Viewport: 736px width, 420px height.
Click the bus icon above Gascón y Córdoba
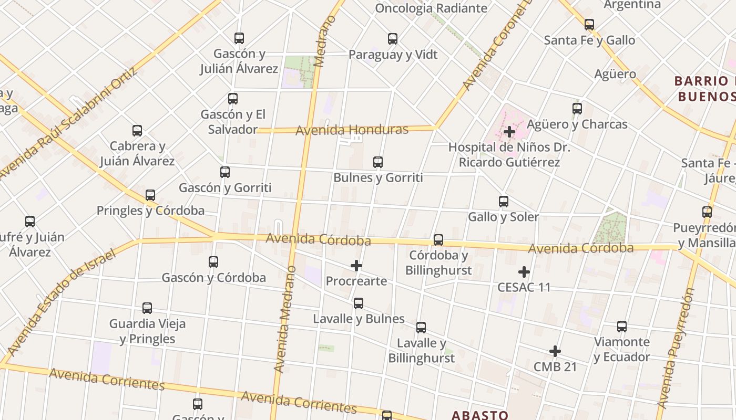tap(213, 261)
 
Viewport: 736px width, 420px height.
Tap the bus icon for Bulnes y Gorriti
tap(378, 162)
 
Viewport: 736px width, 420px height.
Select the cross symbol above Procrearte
tap(356, 266)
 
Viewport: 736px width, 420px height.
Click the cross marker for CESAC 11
tap(524, 272)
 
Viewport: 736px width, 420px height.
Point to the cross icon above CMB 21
tap(555, 351)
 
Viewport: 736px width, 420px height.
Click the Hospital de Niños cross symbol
tap(509, 132)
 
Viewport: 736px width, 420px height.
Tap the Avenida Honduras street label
tap(352, 130)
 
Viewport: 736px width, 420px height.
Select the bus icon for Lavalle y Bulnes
tap(359, 303)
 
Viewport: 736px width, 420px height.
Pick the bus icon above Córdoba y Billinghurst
tap(438, 240)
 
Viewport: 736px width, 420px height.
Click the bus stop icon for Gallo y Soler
tap(504, 201)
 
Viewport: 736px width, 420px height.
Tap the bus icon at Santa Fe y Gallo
tap(589, 24)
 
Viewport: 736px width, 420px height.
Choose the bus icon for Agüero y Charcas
tap(577, 109)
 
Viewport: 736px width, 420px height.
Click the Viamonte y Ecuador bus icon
tap(622, 326)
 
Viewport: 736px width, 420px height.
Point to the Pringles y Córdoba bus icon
tap(150, 195)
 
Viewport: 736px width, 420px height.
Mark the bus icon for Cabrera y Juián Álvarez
tap(137, 131)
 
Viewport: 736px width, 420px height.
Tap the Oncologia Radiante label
tap(431, 8)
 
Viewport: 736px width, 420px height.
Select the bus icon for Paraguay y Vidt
tap(393, 38)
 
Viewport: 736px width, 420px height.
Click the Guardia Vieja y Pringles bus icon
tap(147, 308)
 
